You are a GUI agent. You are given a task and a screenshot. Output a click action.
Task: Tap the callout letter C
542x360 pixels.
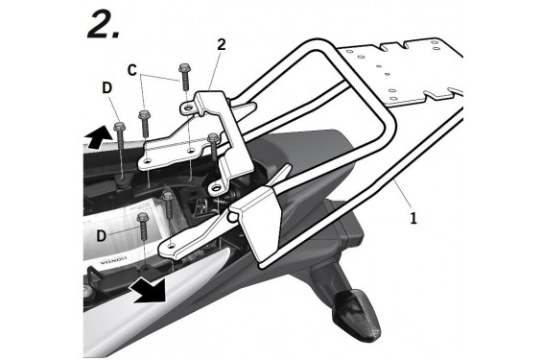[132, 70]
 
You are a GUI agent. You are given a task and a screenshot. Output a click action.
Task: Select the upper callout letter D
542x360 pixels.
[107, 87]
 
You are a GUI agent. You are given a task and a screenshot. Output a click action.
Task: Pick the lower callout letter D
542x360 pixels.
[101, 235]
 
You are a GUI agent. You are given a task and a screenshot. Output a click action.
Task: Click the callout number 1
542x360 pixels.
[413, 218]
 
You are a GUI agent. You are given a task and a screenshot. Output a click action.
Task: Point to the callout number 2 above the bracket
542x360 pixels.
[222, 44]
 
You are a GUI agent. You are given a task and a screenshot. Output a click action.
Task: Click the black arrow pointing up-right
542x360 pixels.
[99, 137]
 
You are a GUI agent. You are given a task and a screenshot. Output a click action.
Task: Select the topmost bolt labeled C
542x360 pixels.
[185, 77]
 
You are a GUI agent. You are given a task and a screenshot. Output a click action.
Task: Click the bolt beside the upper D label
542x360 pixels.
[120, 138]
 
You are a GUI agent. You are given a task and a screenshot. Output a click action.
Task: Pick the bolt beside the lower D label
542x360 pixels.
[143, 226]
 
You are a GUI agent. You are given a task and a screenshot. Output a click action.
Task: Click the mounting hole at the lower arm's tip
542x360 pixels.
[171, 245]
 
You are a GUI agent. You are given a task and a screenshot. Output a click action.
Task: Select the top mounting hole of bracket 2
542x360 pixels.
[188, 108]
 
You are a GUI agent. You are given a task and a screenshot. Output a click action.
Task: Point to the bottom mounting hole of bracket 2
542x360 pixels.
[217, 188]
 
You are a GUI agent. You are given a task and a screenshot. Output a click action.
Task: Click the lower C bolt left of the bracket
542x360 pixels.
[144, 123]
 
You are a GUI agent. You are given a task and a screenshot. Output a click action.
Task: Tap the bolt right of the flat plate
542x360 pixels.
[213, 147]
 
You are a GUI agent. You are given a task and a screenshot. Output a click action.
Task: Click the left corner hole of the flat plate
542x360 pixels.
[148, 161]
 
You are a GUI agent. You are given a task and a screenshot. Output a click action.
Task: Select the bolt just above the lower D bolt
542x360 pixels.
[168, 204]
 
